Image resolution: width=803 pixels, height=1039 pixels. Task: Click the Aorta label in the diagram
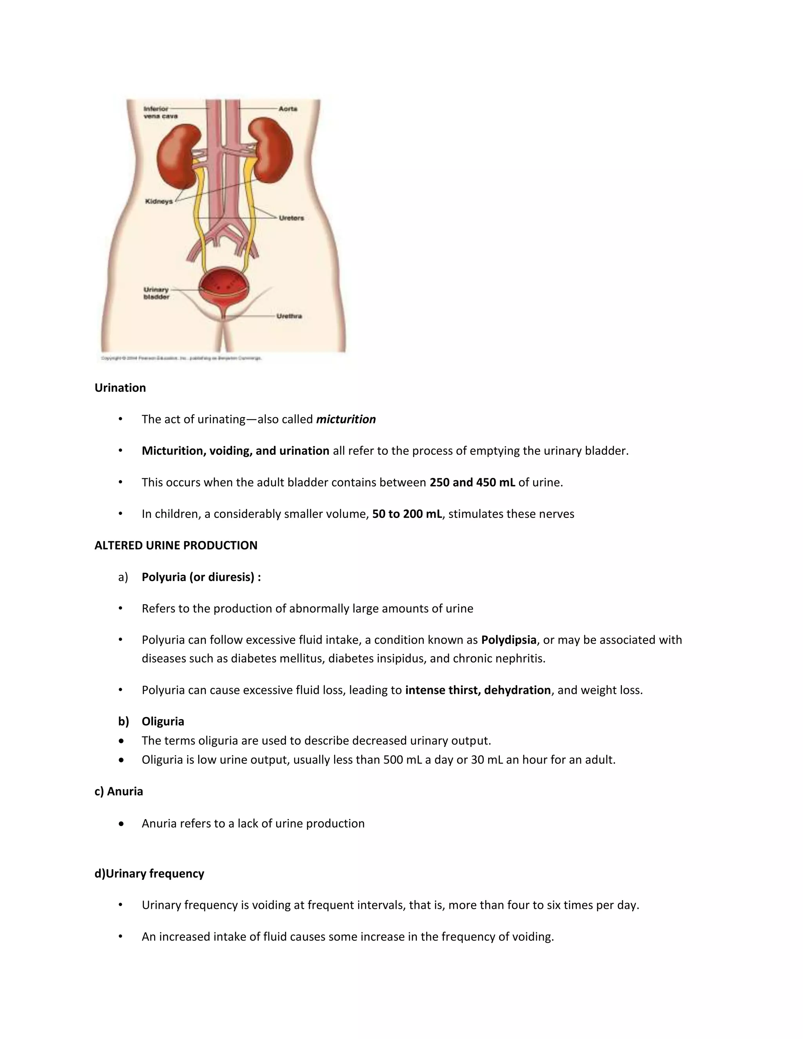click(288, 109)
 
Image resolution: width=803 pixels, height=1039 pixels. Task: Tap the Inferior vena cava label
click(160, 112)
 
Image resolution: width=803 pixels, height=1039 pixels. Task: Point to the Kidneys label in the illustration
click(159, 202)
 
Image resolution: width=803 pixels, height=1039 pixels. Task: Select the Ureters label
click(291, 218)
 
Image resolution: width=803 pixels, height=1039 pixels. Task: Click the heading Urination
click(120, 388)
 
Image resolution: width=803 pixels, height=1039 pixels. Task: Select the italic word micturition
click(346, 420)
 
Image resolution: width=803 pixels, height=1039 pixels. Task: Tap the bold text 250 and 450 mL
click(472, 482)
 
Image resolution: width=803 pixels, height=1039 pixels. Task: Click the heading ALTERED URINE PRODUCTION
click(176, 546)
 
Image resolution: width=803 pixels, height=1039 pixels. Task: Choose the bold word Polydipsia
click(509, 640)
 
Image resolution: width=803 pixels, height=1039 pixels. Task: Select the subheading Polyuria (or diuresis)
click(201, 577)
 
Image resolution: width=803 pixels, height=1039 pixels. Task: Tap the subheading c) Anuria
click(119, 791)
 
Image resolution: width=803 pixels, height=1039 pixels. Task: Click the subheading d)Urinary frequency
click(149, 874)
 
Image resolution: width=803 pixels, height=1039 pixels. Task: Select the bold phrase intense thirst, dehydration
click(478, 690)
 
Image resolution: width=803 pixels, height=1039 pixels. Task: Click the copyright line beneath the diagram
click(181, 358)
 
